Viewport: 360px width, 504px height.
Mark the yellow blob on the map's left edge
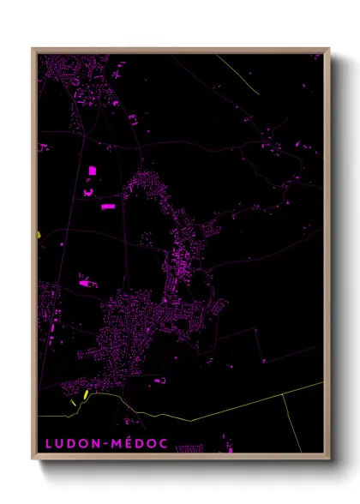[x=39, y=234]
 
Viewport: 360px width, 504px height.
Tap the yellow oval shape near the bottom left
[x=85, y=395]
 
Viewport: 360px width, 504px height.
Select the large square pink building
[x=92, y=171]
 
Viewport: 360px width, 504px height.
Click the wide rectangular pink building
[x=107, y=206]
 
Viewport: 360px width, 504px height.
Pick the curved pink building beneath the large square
[x=87, y=193]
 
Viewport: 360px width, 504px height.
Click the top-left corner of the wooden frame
[x=33, y=49]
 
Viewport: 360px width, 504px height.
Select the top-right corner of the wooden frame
[x=329, y=49]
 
